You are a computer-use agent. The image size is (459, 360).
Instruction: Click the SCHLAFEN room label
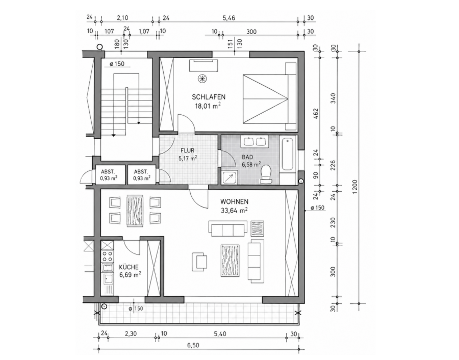[x=209, y=97]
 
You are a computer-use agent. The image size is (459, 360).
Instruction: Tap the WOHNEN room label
[x=234, y=201]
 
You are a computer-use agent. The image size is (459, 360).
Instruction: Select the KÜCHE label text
[x=129, y=267]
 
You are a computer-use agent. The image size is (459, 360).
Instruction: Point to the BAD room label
[x=247, y=157]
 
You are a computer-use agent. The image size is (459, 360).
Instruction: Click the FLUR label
[x=187, y=151]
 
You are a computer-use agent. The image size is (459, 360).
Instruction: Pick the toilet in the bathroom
[x=266, y=174]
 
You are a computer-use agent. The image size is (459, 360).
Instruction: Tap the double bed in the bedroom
[x=270, y=96]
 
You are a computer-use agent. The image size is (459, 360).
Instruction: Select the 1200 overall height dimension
[x=355, y=187]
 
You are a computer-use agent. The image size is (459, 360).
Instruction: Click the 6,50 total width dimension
[x=193, y=345]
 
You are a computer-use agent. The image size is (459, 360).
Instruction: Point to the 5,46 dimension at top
[x=228, y=18]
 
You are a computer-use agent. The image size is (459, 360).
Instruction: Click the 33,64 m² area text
[x=234, y=210]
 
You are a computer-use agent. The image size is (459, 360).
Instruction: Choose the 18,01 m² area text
[x=208, y=106]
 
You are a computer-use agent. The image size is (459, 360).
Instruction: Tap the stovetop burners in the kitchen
[x=107, y=256]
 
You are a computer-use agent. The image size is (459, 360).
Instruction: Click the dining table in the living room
[x=135, y=211]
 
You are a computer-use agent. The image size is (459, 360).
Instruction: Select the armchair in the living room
[x=199, y=261]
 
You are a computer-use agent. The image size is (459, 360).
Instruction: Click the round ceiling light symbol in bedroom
[x=201, y=78]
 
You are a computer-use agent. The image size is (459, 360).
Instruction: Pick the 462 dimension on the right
[x=316, y=114]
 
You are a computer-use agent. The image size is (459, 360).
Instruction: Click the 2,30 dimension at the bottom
[x=131, y=333]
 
